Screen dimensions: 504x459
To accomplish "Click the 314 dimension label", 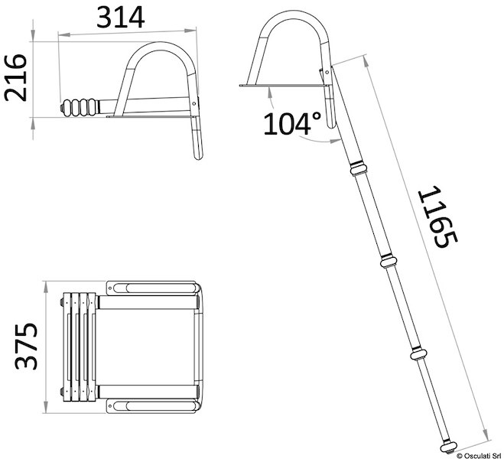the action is (x=121, y=18).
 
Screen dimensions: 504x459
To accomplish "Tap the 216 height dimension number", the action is (x=15, y=78).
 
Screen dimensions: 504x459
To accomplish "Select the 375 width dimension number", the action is (x=26, y=347).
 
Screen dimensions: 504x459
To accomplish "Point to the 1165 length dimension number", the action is (x=437, y=217).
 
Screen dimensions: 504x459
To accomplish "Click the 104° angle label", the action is (x=292, y=123).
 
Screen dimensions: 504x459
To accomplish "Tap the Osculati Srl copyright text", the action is (x=479, y=455).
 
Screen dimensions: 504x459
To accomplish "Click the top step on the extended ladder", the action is (x=358, y=169).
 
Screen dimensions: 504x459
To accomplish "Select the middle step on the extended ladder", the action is (x=389, y=262).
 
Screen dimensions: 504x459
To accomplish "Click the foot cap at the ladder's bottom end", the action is (x=448, y=447).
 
